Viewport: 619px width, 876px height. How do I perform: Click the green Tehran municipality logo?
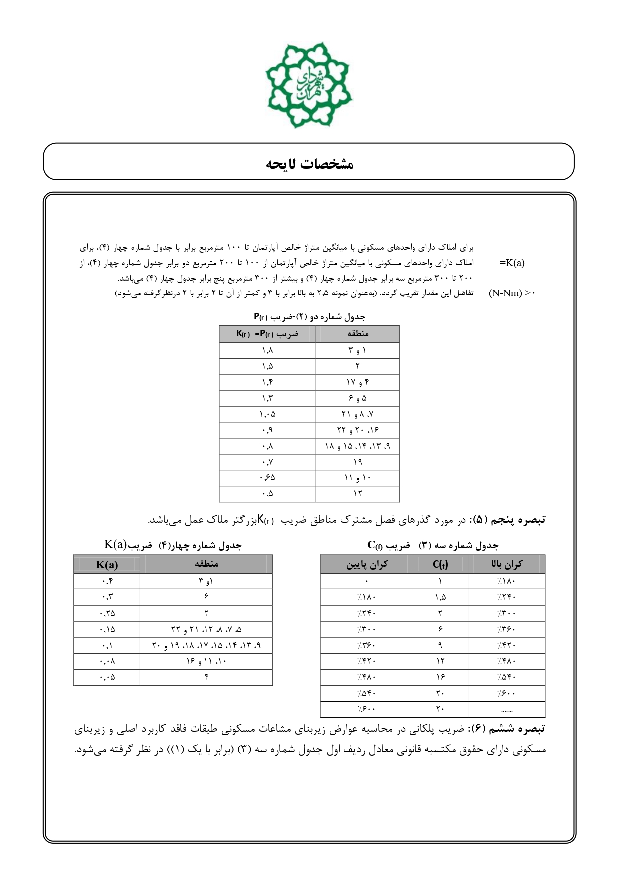coord(309,85)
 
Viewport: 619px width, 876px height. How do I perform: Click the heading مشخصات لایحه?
coord(309,164)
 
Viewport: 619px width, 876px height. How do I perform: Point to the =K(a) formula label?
coord(512,263)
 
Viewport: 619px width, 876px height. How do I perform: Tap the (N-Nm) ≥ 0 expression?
coord(511,293)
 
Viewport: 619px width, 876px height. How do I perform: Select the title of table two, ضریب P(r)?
coord(309,317)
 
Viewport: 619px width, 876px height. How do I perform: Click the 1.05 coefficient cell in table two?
coord(267,414)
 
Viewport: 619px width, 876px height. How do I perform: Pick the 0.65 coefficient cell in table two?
coord(267,478)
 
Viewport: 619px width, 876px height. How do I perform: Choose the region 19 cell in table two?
coord(357,462)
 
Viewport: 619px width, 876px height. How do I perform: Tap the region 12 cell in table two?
coord(357,494)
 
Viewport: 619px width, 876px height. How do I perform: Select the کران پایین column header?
coord(367,564)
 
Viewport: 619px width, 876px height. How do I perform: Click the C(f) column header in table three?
coord(440,564)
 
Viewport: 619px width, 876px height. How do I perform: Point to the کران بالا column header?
coord(506,564)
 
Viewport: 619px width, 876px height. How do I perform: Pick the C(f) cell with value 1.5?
coord(440,597)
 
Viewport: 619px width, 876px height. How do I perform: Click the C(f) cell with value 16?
coord(440,677)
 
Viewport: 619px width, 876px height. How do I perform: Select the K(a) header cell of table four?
coord(107,565)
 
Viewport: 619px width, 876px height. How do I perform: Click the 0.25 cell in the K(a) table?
coord(107,613)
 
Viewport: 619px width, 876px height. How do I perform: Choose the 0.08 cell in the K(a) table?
coord(107,661)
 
